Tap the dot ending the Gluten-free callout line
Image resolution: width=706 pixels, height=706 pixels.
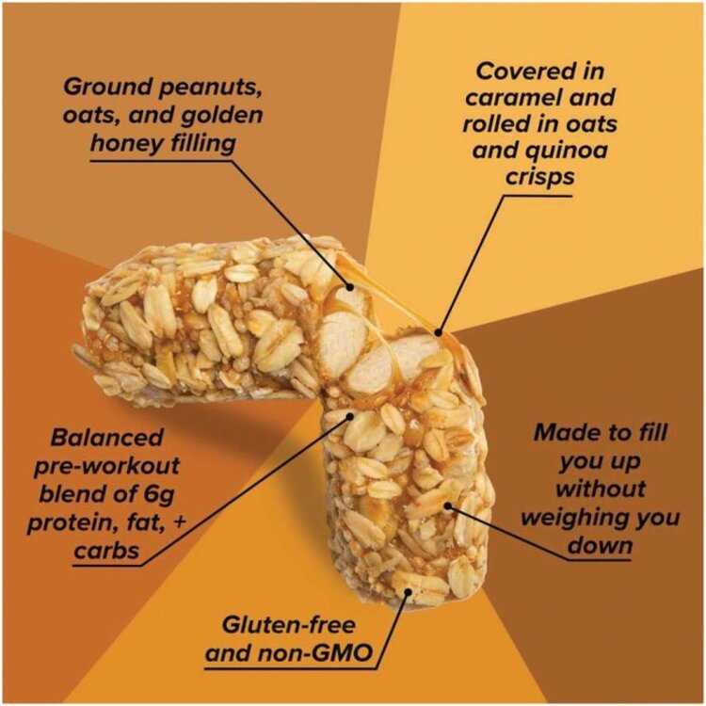407,593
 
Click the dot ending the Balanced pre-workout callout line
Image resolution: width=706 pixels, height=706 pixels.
352,414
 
